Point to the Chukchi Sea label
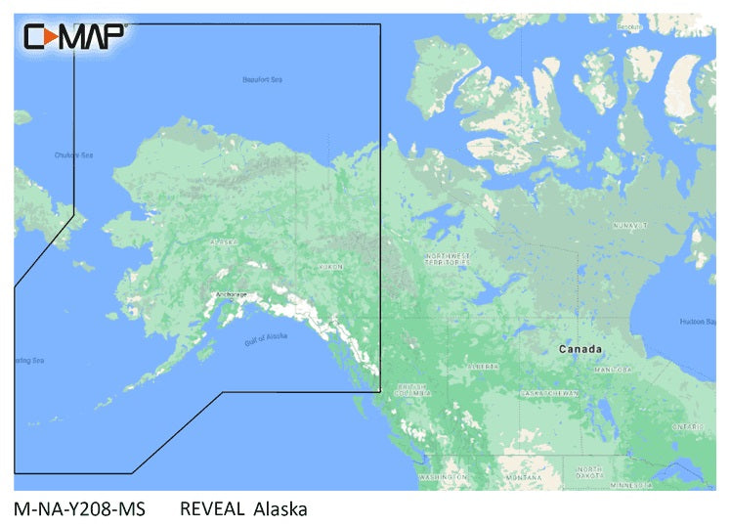coord(72,154)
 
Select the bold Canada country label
coord(580,349)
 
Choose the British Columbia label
coord(411,390)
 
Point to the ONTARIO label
coord(688,427)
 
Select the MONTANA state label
coord(525,476)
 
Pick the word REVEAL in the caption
coord(211,508)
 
